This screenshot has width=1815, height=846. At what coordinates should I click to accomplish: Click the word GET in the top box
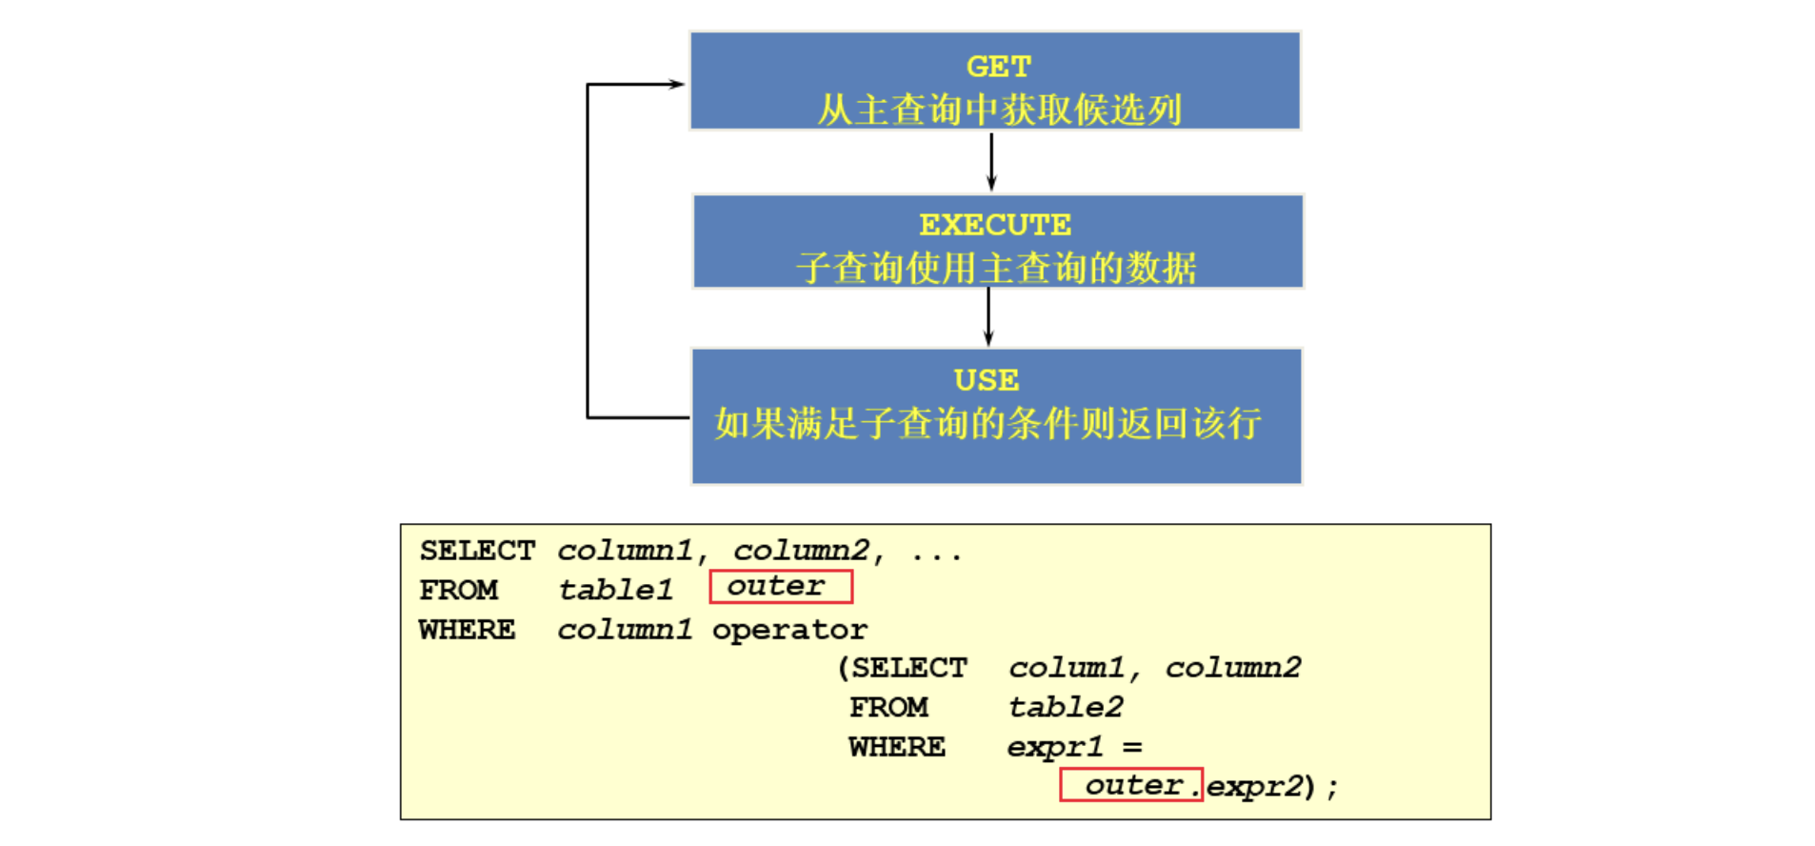coord(998,67)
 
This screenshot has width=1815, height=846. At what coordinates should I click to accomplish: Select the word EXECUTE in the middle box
coord(995,225)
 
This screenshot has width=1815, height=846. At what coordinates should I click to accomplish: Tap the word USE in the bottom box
coord(987,380)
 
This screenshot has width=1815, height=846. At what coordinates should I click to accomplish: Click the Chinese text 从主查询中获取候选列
coord(999,110)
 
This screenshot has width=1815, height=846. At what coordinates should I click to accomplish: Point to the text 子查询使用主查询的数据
coord(996,268)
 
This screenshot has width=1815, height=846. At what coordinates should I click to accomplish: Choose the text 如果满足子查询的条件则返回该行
coord(987,423)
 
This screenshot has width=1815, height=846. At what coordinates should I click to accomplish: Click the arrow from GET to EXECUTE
coord(991,161)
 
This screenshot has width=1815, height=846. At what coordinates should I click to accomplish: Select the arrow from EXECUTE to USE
coord(988,317)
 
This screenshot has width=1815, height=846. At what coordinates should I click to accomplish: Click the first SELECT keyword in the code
coord(477,551)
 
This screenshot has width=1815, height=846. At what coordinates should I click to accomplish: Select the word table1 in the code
coord(615,591)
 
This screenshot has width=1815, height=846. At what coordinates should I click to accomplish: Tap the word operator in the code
coord(789,630)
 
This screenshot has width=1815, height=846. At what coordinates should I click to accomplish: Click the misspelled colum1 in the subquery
coord(1067,668)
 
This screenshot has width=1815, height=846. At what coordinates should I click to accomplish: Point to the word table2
coord(1066,707)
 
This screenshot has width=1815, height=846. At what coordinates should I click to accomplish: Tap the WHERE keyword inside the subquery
coord(897,747)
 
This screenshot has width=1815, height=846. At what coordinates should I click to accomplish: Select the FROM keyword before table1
coord(459,591)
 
